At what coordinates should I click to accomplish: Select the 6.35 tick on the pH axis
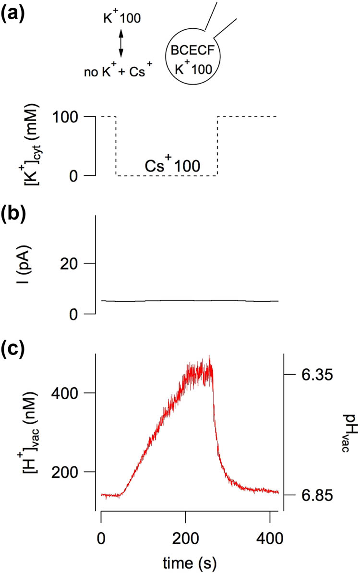pos(314,374)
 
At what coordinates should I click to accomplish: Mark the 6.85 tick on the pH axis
pos(314,495)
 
